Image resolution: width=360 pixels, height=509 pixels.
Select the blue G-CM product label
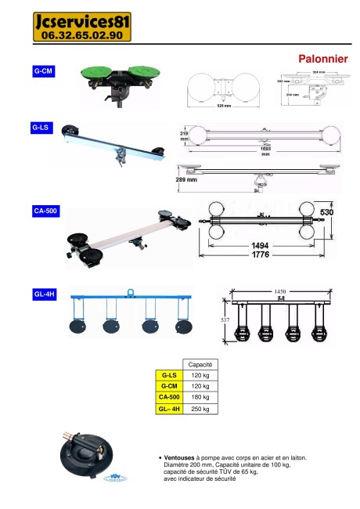tap(44, 71)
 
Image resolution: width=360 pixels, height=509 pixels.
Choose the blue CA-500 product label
tap(45, 211)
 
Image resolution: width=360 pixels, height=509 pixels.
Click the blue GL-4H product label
tap(44, 294)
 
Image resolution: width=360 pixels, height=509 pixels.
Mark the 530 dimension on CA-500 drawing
tap(326, 212)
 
